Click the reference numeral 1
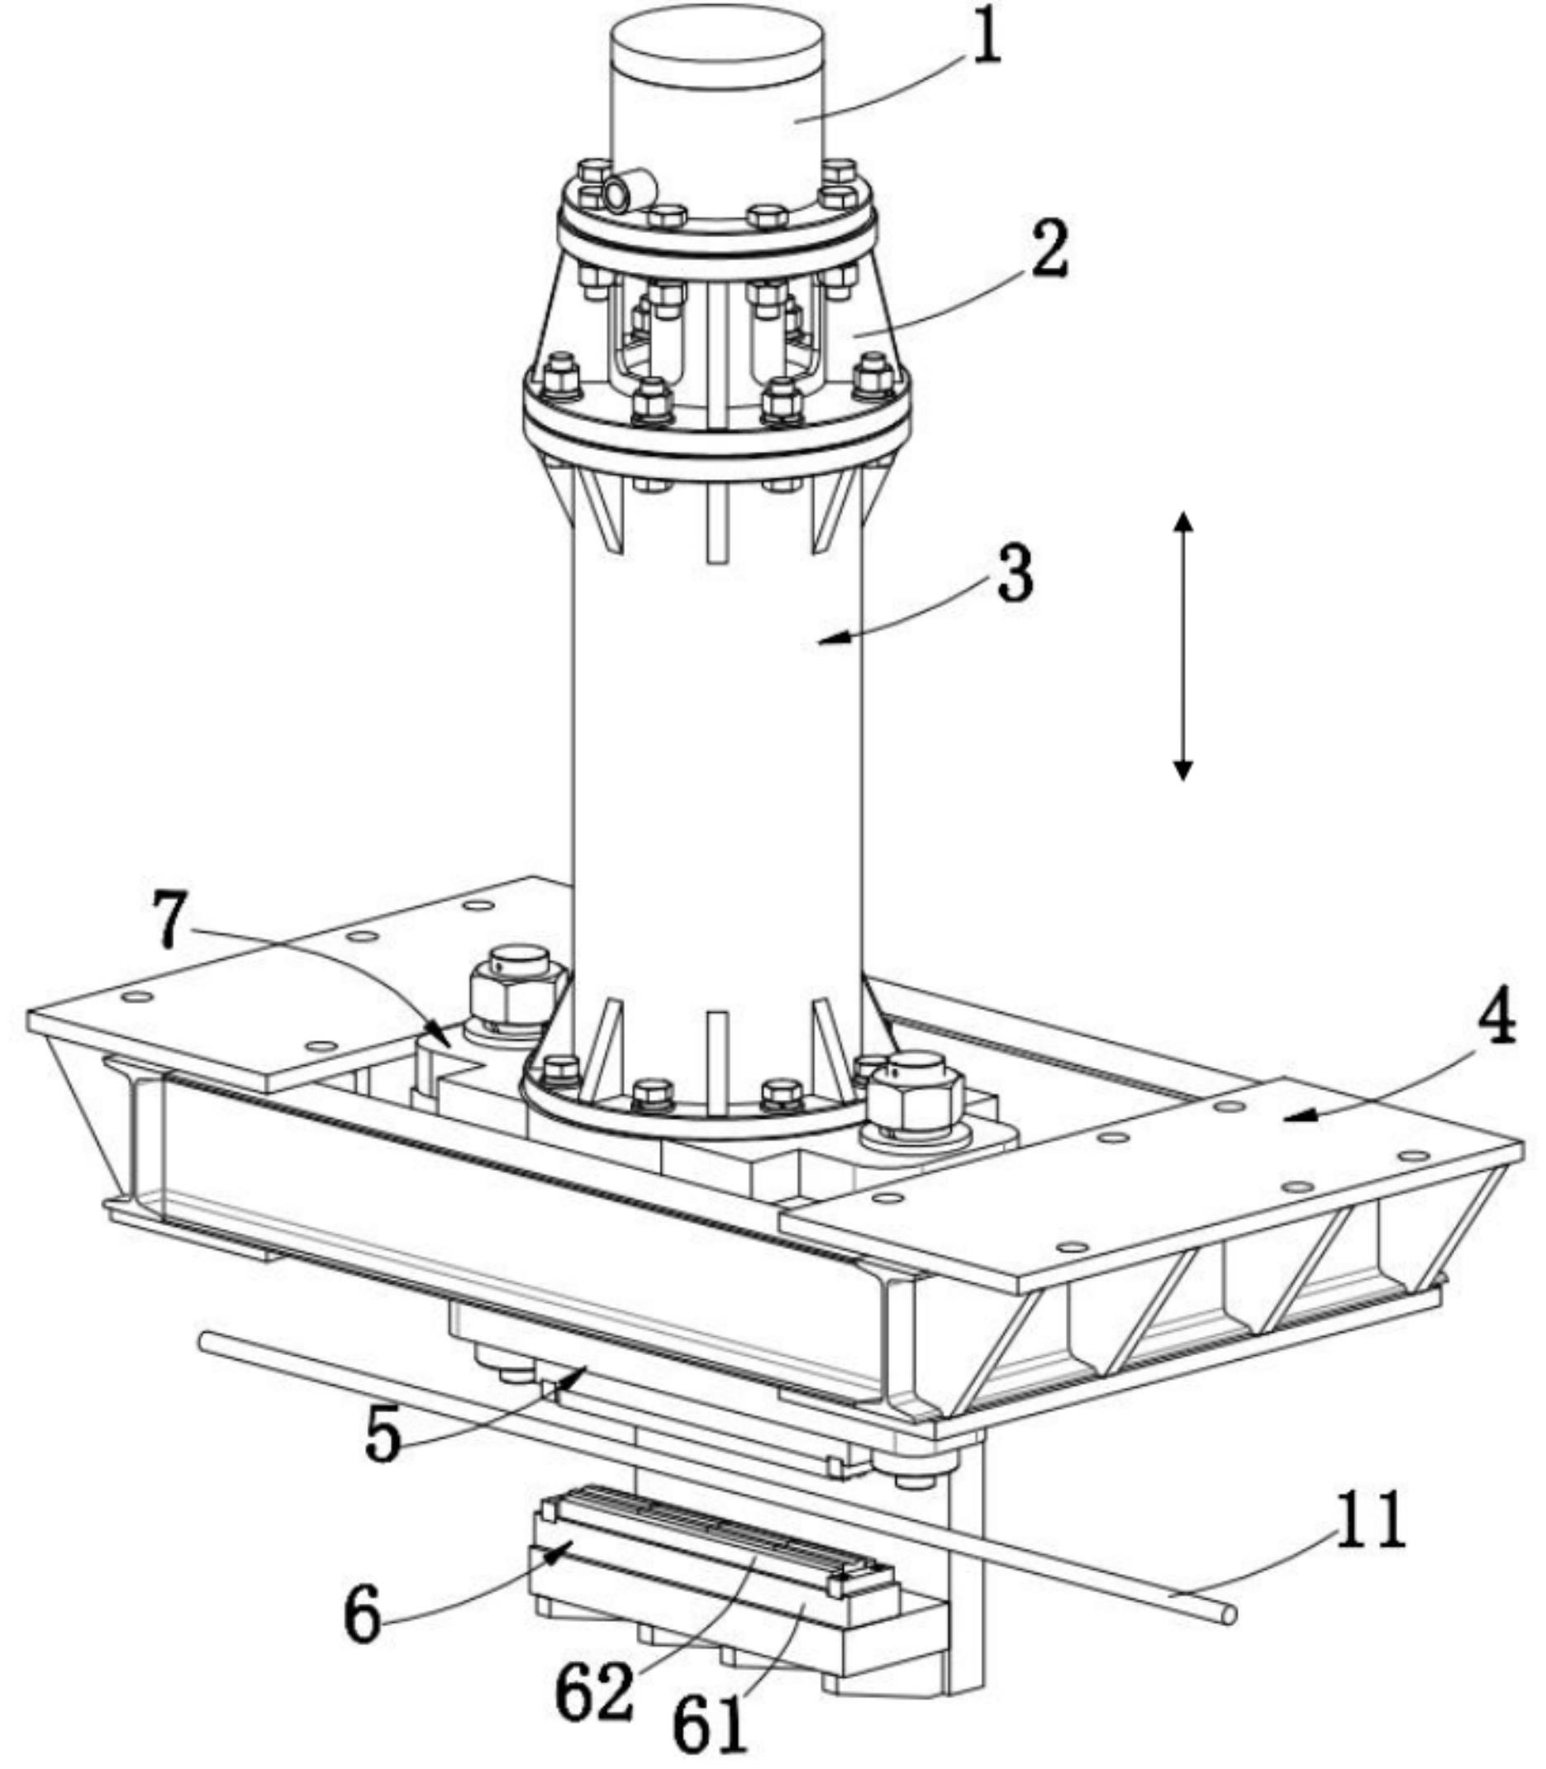coord(986,40)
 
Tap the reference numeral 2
coord(1049,250)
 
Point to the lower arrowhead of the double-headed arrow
coord(1183,768)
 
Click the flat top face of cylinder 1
coord(716,43)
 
